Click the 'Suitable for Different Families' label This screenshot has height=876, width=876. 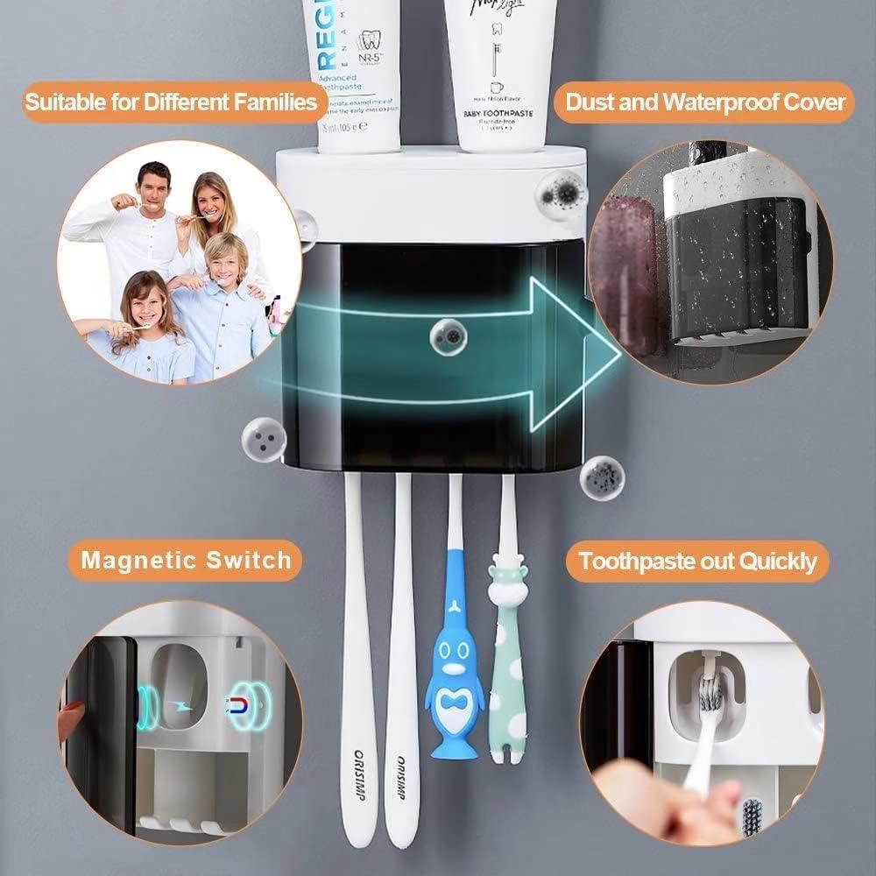[170, 102]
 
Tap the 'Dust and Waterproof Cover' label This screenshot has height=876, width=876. [704, 102]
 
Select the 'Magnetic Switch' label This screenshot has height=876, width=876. [187, 560]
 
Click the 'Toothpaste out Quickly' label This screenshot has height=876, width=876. [697, 561]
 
